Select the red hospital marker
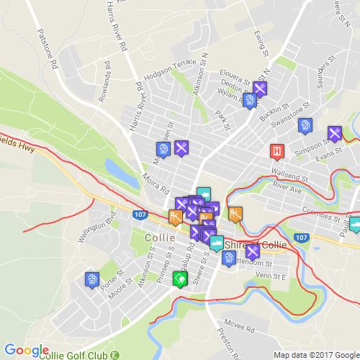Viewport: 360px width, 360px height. (276, 151)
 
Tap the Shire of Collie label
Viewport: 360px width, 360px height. (255, 245)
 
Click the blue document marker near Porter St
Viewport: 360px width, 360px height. (91, 279)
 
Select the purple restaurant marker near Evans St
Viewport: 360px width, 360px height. (335, 133)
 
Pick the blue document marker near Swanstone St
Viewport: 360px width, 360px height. (306, 126)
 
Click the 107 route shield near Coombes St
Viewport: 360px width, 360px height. (302, 237)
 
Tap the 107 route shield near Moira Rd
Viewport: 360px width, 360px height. (140, 214)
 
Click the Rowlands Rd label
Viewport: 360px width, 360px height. (107, 73)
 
